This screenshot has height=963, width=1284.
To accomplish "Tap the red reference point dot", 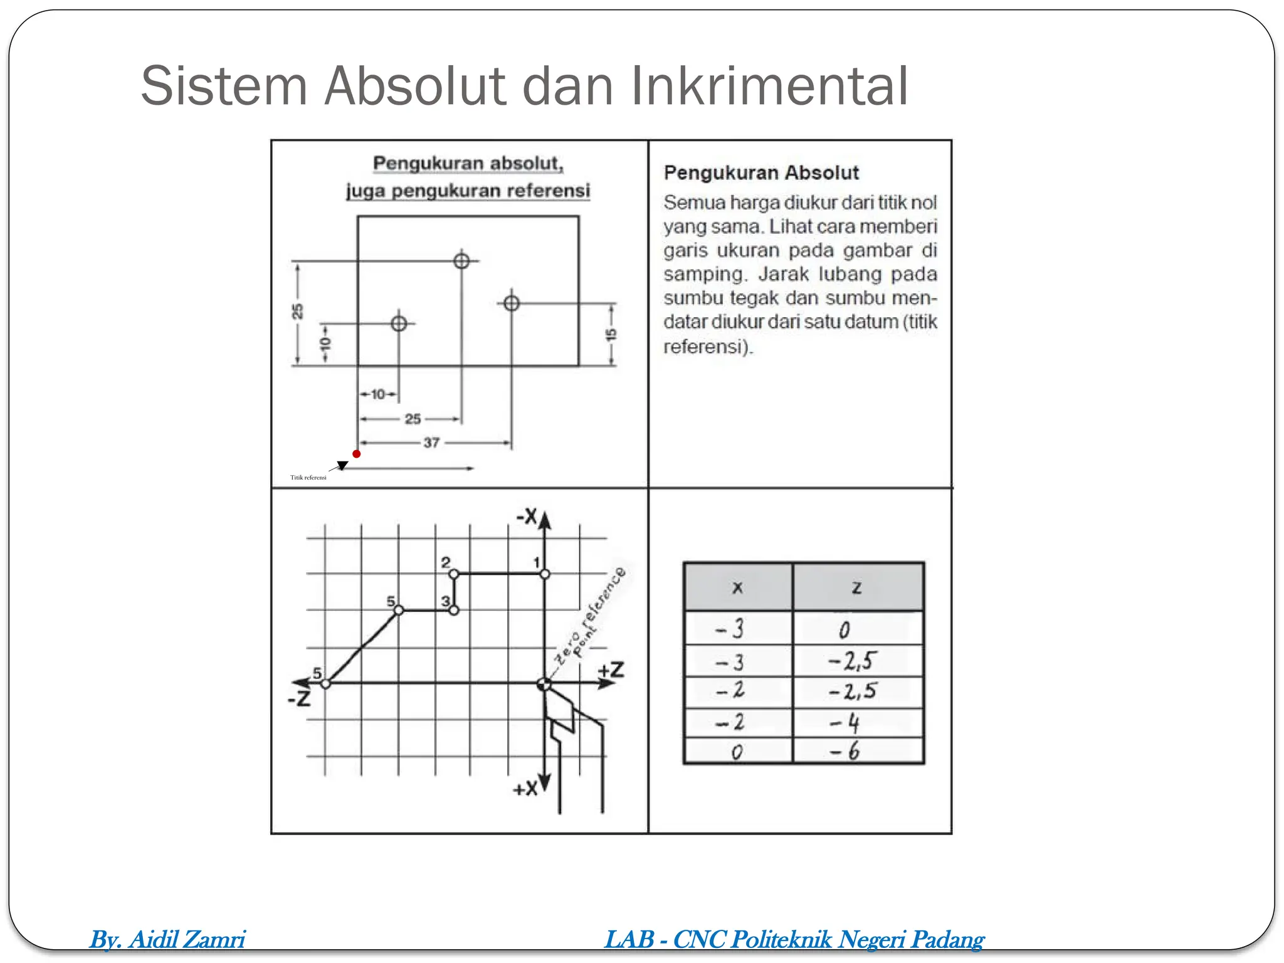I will tap(356, 454).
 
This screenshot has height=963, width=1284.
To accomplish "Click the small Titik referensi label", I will tap(308, 478).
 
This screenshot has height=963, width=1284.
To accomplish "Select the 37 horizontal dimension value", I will tap(431, 443).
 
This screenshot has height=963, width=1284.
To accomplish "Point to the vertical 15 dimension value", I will tap(611, 334).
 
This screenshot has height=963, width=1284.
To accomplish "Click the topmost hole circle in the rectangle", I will tap(461, 261).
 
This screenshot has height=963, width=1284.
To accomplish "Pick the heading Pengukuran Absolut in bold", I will tap(761, 172).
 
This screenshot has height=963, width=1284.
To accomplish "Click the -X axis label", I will tap(527, 517).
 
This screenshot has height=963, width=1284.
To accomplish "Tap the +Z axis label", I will tap(611, 670).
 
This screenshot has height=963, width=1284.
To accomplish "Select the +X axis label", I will tap(525, 789).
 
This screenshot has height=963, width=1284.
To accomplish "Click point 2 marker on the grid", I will tap(454, 574).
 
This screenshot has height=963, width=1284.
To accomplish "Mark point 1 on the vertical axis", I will tap(545, 574).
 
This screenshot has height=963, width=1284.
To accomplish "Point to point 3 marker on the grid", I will tap(454, 610).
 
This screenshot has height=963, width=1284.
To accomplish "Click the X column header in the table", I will tap(738, 587).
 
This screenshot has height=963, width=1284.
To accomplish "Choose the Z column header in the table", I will tap(857, 587).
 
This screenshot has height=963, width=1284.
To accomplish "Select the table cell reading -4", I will tap(846, 724).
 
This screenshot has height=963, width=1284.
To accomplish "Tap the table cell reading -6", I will tap(846, 751).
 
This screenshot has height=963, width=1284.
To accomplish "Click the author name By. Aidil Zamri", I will tap(167, 939).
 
